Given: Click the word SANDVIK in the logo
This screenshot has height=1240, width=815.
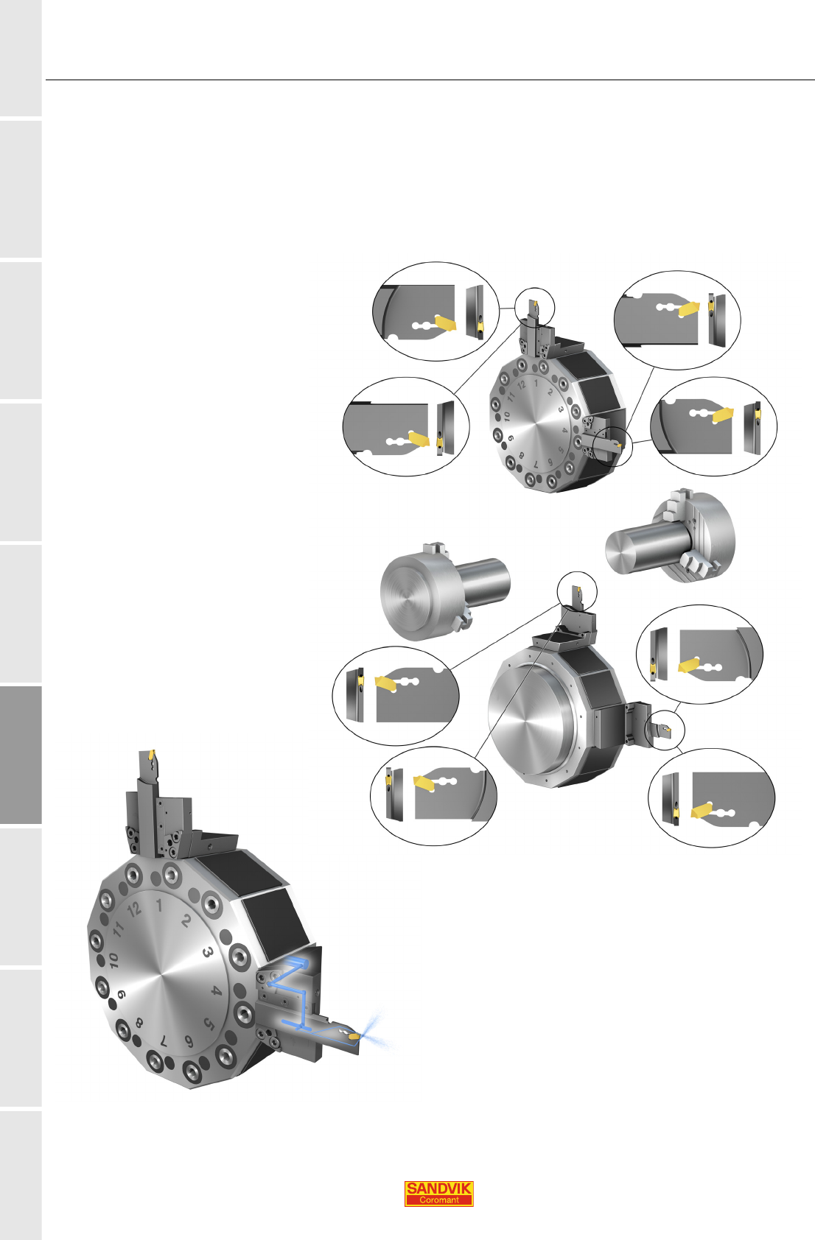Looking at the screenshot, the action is tap(438, 1188).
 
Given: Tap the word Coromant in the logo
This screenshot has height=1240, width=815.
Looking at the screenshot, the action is tap(438, 1200).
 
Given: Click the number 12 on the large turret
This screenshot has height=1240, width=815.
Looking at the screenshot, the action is tap(134, 909).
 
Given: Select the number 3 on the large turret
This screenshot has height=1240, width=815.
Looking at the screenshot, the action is tap(208, 952).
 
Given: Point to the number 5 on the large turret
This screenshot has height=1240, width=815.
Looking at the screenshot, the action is tap(209, 1024).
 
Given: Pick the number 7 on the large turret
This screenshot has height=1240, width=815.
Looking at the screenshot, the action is tap(164, 1041).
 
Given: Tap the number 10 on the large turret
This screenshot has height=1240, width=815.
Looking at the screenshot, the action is tap(113, 960).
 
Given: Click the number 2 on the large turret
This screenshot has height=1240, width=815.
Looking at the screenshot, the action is tap(186, 920).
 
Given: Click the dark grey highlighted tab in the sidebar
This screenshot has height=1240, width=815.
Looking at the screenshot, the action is tap(21, 755).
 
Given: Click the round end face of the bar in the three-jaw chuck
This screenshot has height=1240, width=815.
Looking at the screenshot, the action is tap(620, 549).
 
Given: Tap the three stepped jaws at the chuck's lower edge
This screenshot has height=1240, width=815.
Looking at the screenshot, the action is tap(697, 566).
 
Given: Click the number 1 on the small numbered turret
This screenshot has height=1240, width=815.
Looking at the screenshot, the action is tap(536, 383).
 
